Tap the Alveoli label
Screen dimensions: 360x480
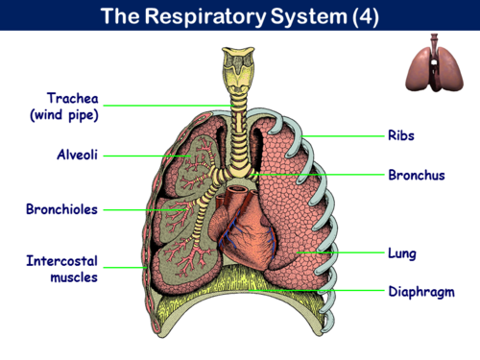pyautogui.click(x=74, y=155)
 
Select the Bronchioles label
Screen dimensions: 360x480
pyautogui.click(x=61, y=208)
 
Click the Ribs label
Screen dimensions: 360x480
pyautogui.click(x=400, y=135)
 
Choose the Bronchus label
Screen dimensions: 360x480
pyautogui.click(x=416, y=176)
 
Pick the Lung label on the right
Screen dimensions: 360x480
pyautogui.click(x=402, y=253)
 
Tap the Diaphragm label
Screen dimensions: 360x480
pyautogui.click(x=420, y=291)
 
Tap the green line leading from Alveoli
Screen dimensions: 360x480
pyautogui.click(x=144, y=155)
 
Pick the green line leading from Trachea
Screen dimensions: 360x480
pyautogui.click(x=163, y=104)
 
